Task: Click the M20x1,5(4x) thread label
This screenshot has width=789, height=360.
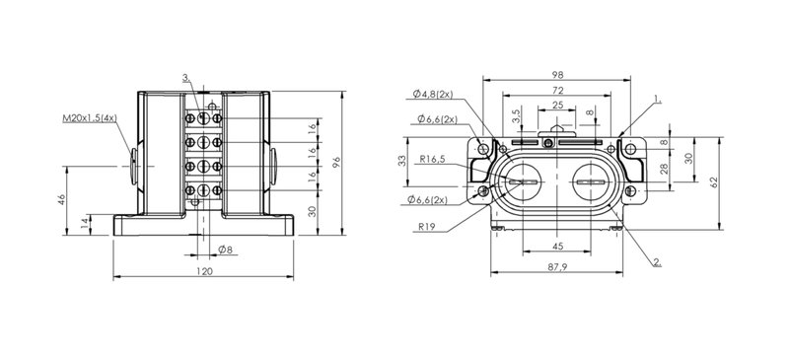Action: click(90, 118)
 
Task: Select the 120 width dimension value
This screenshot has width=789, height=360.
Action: click(203, 271)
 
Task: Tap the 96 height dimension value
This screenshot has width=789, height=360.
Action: click(336, 162)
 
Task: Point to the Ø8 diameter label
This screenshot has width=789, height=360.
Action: click(225, 249)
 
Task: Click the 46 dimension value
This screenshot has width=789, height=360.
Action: click(61, 199)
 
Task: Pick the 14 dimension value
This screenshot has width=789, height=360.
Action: click(86, 220)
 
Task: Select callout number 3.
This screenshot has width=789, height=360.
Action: click(185, 78)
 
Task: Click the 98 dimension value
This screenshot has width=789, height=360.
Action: click(556, 75)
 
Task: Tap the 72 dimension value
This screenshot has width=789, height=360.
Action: click(557, 90)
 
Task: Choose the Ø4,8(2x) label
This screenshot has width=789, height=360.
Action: click(433, 94)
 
